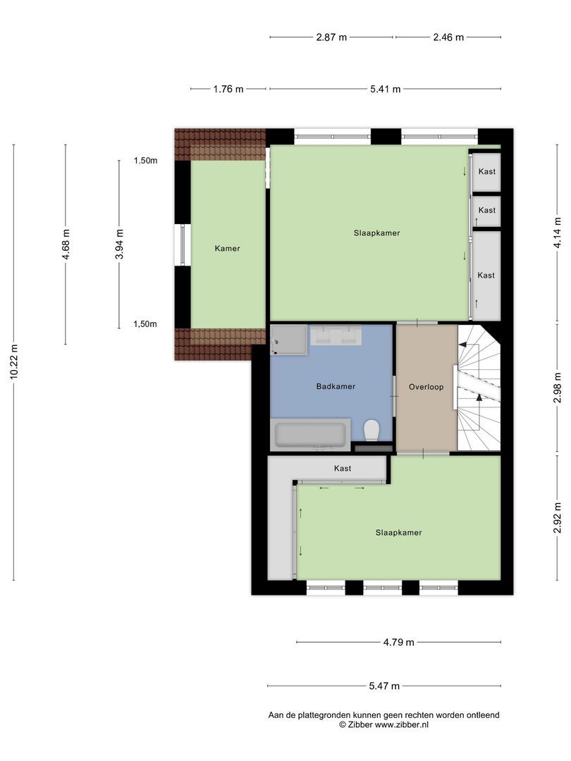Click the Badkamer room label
click(x=336, y=386)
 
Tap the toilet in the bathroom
click(x=372, y=430)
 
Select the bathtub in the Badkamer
click(x=311, y=434)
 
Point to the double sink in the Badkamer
click(x=336, y=335)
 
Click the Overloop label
click(x=426, y=387)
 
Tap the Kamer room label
click(x=227, y=249)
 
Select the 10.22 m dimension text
click(x=14, y=361)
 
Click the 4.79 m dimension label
click(x=398, y=642)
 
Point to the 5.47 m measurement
click(x=384, y=686)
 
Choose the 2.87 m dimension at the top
click(x=331, y=37)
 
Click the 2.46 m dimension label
click(x=448, y=37)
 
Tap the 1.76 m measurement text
click(x=228, y=89)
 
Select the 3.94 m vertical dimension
click(x=119, y=244)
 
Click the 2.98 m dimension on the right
click(x=558, y=388)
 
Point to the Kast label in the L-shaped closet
click(x=343, y=469)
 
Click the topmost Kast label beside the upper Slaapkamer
click(x=486, y=171)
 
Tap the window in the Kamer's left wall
click(x=183, y=245)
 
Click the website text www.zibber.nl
click(x=402, y=724)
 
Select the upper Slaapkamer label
click(x=376, y=233)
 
